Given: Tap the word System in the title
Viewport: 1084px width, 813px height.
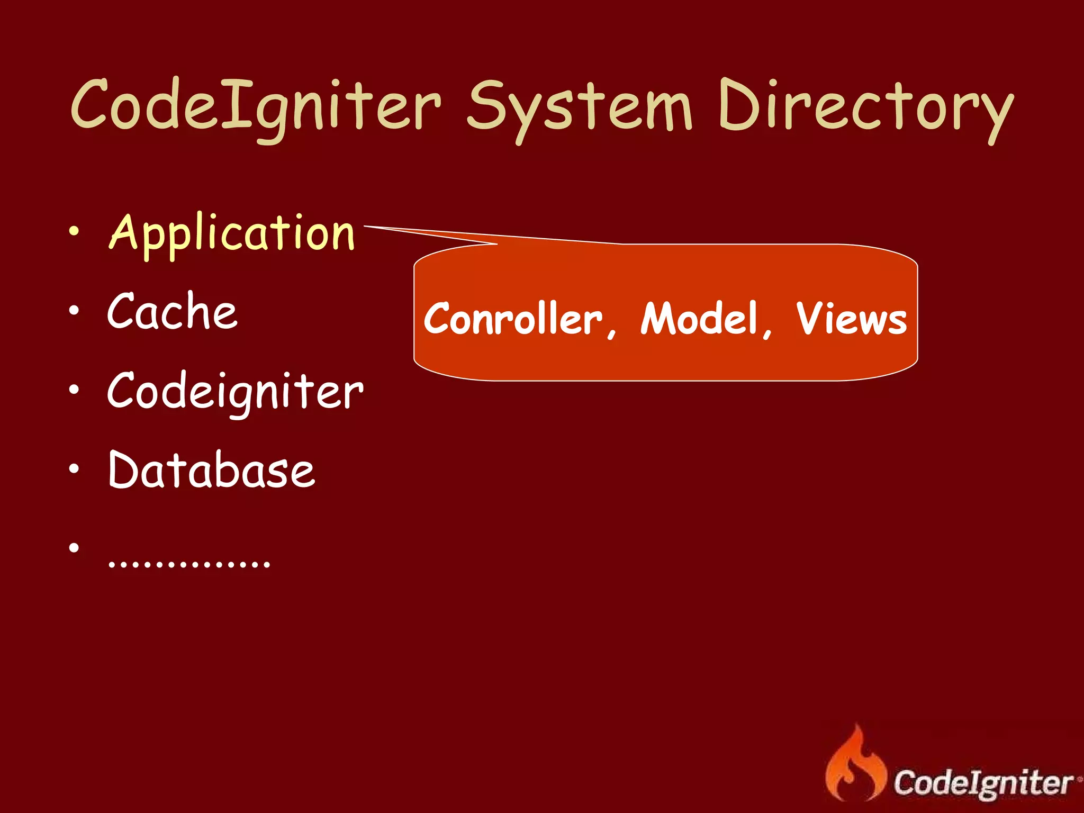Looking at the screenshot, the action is point(579,109).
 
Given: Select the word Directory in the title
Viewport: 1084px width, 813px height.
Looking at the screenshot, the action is point(866,109).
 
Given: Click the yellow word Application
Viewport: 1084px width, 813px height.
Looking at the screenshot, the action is point(231,234).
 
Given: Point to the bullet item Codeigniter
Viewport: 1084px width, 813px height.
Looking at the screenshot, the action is point(235,392).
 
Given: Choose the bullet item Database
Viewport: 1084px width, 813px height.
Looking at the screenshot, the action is point(211,469).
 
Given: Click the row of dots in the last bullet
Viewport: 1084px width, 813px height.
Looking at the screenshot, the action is point(189,563).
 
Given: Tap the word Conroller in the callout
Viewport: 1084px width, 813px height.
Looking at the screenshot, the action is point(512,319).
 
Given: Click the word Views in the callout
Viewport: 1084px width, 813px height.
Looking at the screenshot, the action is point(851,319).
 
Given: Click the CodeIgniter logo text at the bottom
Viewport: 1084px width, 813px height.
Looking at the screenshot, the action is point(983,783).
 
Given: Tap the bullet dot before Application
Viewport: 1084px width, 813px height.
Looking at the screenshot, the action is point(74,231).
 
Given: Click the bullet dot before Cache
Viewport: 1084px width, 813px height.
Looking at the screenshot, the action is point(74,310).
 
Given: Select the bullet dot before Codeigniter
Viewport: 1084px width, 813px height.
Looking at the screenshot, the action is point(74,390).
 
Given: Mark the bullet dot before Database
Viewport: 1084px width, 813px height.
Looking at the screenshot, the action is point(74,468).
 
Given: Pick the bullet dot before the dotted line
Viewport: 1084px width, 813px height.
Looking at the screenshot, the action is point(74,547).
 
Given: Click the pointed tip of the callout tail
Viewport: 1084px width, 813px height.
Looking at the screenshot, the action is point(366,227).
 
